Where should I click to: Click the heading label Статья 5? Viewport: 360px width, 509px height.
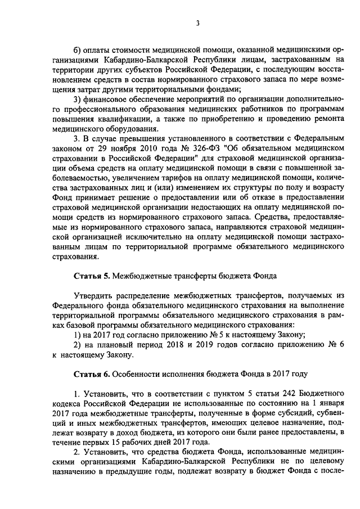pos(92,276)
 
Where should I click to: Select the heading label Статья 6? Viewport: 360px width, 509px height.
pos(92,374)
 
